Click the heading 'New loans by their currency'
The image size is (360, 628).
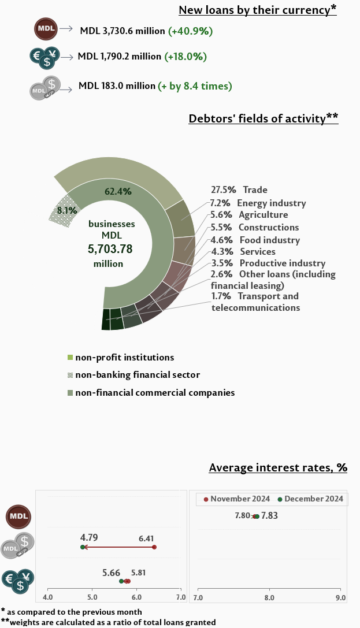[257, 10]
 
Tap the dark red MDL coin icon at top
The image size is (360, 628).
[46, 28]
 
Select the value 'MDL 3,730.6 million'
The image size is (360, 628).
[123, 30]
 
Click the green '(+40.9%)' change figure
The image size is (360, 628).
[191, 30]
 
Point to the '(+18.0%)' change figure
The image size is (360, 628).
[185, 57]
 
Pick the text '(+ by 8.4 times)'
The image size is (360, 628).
[195, 86]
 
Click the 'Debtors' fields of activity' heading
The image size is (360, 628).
[263, 118]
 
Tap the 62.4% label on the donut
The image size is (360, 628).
[118, 191]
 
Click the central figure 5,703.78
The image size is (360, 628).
[110, 249]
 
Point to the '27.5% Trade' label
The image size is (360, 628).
[239, 189]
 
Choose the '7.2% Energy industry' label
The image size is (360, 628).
[258, 203]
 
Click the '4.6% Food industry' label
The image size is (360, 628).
[255, 240]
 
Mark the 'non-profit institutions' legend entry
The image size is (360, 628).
[124, 358]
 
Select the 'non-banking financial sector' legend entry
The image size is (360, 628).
[137, 375]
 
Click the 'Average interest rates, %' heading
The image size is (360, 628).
[278, 467]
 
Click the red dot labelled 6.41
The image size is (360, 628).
[154, 547]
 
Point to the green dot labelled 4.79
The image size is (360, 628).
[83, 547]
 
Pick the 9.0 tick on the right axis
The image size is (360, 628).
[340, 597]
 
